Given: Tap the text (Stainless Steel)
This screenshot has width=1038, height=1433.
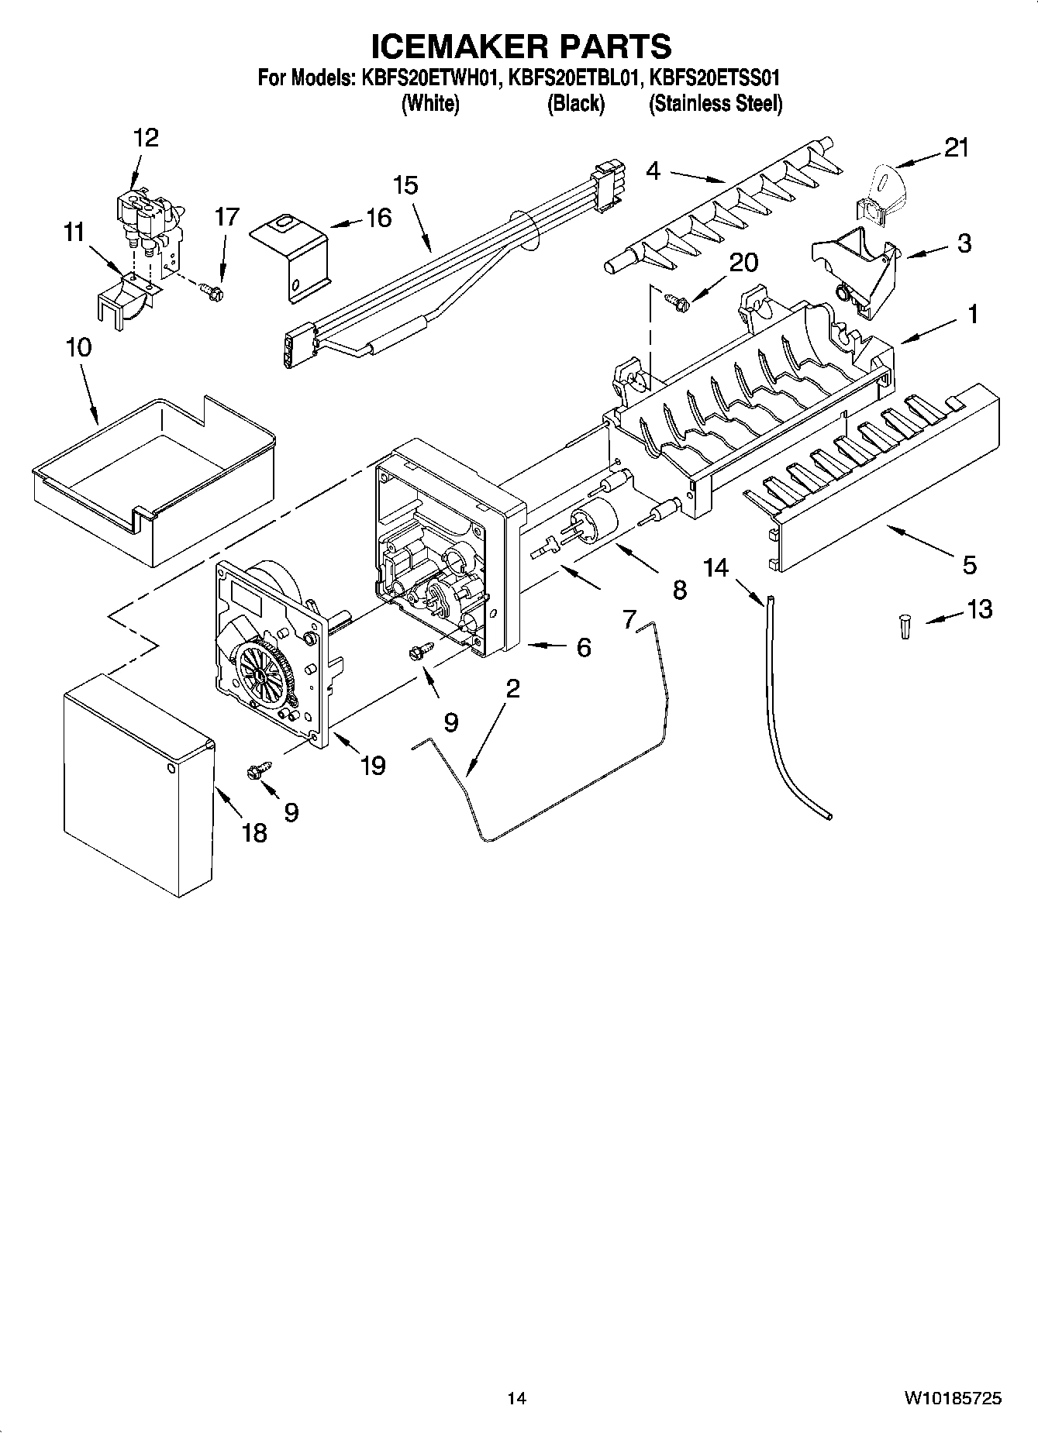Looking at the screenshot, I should [715, 104].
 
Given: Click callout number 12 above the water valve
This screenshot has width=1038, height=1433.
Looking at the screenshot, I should [146, 138].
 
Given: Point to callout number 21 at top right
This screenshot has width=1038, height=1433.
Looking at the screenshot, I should [956, 147].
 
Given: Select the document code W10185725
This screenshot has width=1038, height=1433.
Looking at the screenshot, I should [951, 1399].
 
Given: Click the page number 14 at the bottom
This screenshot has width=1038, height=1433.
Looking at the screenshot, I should [517, 1399].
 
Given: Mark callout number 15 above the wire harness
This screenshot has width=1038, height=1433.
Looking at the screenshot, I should [405, 186].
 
